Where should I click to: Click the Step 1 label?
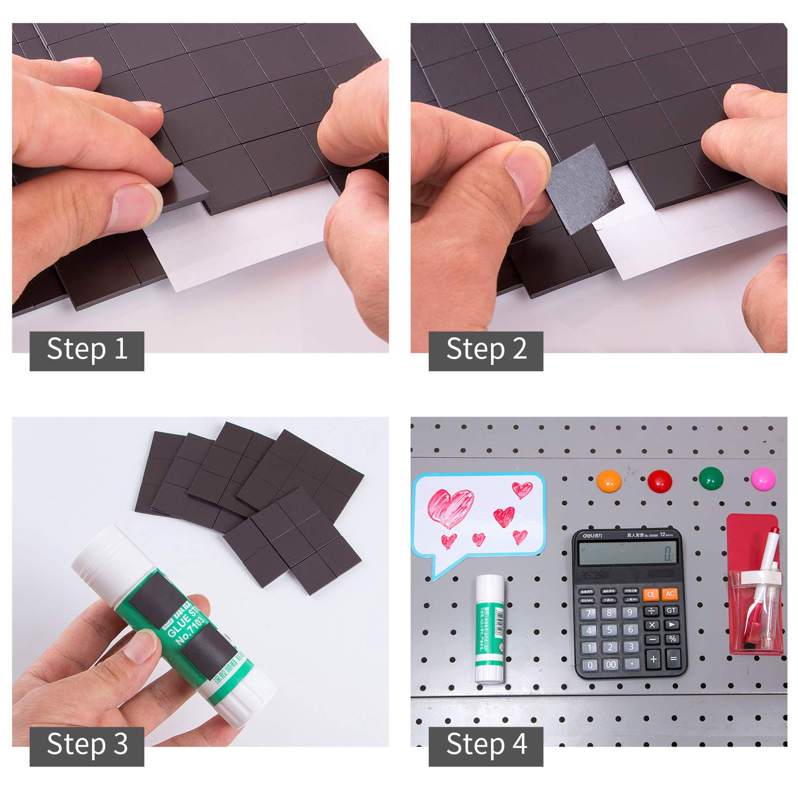[x=87, y=351]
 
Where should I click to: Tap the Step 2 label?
[x=486, y=351]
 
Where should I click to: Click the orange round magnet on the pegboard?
[x=609, y=481]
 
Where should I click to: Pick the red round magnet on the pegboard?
[x=660, y=481]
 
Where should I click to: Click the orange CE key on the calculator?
[x=651, y=594]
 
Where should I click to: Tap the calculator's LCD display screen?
[x=628, y=554]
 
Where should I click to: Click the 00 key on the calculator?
[x=611, y=664]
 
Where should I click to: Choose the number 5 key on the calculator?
[x=610, y=630]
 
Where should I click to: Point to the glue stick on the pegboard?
[x=490, y=628]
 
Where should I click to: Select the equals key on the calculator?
[x=673, y=659]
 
